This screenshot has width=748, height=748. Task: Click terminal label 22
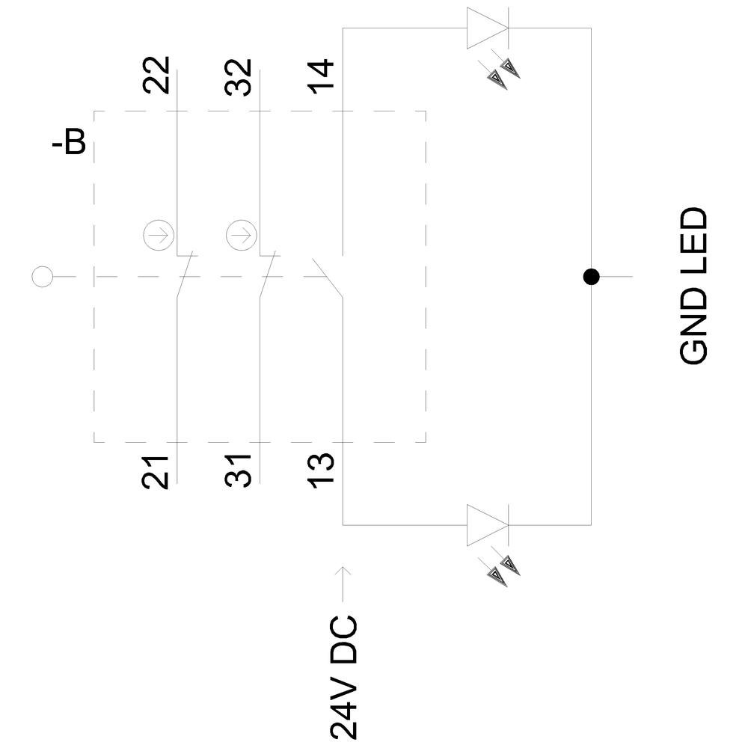[157, 76]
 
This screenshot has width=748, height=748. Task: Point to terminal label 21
[157, 472]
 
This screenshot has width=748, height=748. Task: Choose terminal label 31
[239, 472]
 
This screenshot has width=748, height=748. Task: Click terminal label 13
[323, 472]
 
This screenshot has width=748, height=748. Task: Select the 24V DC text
[343, 678]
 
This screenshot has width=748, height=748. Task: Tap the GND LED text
[693, 286]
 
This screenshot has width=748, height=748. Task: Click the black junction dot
[591, 277]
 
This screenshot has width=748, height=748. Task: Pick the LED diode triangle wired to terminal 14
[487, 28]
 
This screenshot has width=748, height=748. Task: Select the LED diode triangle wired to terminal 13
[487, 525]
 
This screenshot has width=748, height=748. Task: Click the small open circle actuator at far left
[42, 277]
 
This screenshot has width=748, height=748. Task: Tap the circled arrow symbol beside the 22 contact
[157, 236]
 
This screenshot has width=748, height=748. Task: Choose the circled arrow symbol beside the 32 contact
[240, 236]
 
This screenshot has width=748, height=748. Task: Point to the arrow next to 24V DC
[343, 583]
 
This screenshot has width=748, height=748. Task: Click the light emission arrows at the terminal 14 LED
[503, 73]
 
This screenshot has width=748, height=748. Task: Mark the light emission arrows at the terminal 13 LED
[503, 570]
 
